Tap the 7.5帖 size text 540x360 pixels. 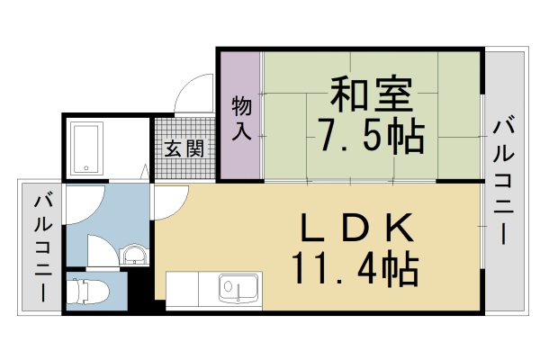click(x=370, y=135)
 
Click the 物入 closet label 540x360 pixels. click(x=241, y=117)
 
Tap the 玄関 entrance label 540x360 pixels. click(x=184, y=148)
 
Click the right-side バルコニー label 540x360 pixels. click(x=506, y=180)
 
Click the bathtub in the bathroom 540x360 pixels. click(x=88, y=148)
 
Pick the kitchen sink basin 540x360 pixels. click(x=239, y=291)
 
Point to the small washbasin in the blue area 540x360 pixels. click(x=133, y=256)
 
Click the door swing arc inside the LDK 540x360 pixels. click(x=171, y=202)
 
